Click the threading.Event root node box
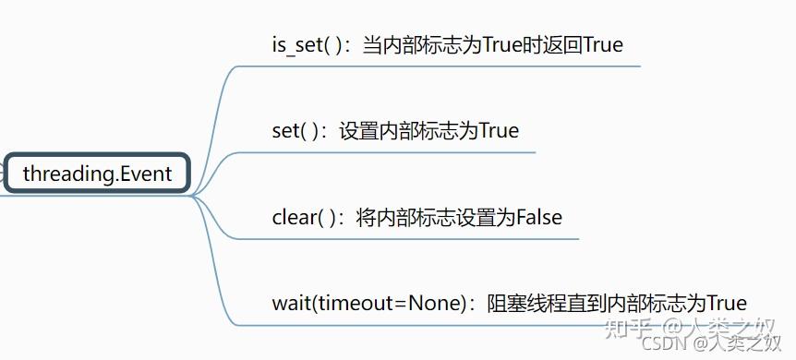97,174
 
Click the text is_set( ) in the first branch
298,44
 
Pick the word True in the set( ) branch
499,130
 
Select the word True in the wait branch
726,303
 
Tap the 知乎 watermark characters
637,326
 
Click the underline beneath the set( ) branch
388,151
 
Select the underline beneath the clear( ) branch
406,238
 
